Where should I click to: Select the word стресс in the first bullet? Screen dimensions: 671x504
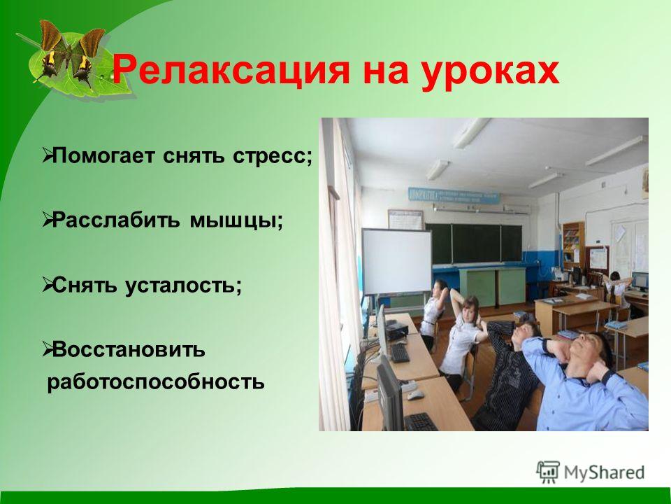[x=273, y=156]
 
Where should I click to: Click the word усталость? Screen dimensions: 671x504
[x=184, y=286]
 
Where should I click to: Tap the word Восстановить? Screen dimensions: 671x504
[x=129, y=350]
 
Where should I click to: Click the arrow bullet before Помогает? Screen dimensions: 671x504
[x=48, y=156]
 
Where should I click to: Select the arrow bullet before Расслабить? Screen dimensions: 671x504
[x=48, y=220]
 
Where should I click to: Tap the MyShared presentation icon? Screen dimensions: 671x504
[x=548, y=472]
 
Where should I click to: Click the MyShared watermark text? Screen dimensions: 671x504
[x=604, y=472]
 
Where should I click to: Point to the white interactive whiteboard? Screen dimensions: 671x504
[x=397, y=261]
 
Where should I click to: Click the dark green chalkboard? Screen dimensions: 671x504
[x=474, y=244]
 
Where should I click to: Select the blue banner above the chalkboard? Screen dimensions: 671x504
[x=454, y=196]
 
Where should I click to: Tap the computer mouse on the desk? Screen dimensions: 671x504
[x=415, y=395]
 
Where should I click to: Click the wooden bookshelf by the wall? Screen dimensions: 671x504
[x=573, y=244]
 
